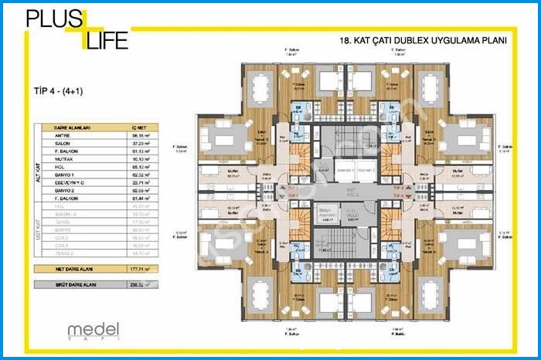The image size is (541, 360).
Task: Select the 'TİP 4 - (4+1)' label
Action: [59, 90]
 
